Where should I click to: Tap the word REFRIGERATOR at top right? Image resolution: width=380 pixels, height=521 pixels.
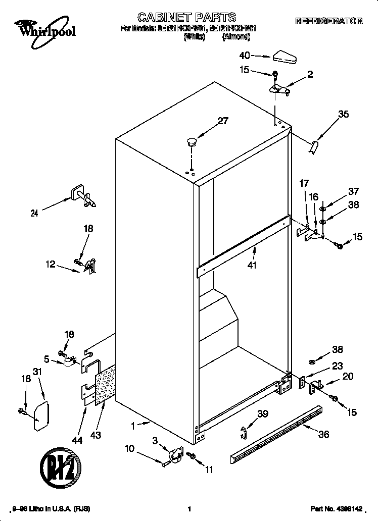point(328,21)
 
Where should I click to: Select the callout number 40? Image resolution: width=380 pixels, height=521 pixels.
point(245,56)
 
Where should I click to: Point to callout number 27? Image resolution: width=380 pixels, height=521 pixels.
point(223,121)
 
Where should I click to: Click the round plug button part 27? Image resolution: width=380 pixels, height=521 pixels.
point(191,141)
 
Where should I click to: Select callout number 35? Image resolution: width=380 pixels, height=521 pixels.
point(343,114)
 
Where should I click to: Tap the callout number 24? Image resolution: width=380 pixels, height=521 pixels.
point(34,213)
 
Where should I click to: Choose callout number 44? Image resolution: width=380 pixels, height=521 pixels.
point(76,441)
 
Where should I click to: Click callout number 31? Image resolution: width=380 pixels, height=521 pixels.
point(36,372)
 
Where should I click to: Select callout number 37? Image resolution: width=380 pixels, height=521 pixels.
point(353,191)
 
